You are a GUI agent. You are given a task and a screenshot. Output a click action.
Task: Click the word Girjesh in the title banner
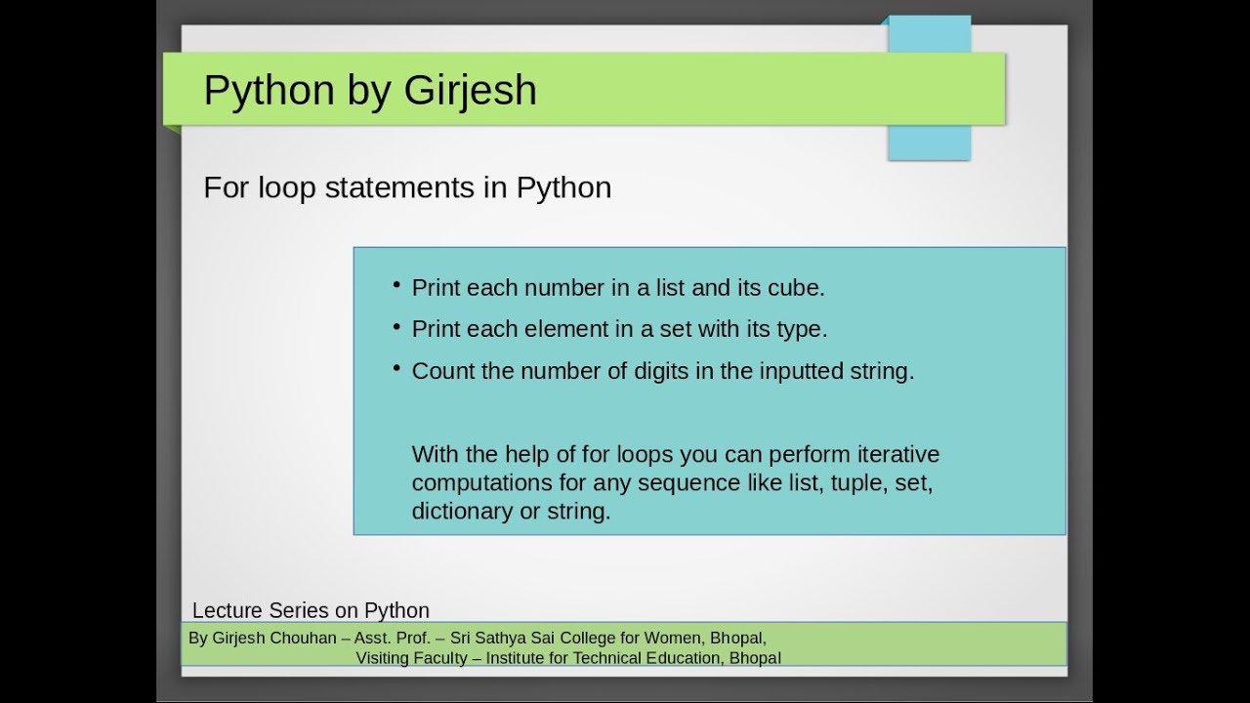click(470, 91)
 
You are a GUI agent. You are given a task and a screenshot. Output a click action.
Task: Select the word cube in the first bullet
click(800, 288)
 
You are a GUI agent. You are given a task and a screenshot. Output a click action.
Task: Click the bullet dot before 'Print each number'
click(397, 285)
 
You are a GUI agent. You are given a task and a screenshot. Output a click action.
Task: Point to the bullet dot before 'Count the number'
click(397, 368)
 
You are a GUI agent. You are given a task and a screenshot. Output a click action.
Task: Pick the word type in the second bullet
click(801, 330)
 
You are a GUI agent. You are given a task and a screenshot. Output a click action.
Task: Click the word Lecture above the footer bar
click(228, 610)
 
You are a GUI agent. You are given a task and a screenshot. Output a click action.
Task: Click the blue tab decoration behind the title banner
click(929, 142)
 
